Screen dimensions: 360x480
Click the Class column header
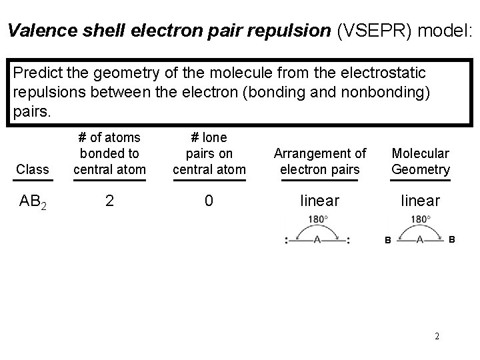coord(33,169)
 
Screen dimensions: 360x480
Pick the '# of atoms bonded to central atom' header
coord(109,153)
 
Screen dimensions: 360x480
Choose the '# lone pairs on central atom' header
coord(209,153)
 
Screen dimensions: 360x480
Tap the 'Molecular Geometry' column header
coord(421,161)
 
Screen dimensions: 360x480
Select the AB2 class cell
coord(33,201)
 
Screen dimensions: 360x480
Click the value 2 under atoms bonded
coord(109,200)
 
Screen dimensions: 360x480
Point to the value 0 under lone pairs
coord(209,200)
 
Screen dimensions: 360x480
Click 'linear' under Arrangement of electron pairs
coord(320,200)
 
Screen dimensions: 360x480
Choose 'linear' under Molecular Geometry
coord(420,200)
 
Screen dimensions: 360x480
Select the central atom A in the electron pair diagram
coord(317,239)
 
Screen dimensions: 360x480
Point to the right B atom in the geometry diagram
coord(452,238)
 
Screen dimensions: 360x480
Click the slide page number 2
coord(437,336)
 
